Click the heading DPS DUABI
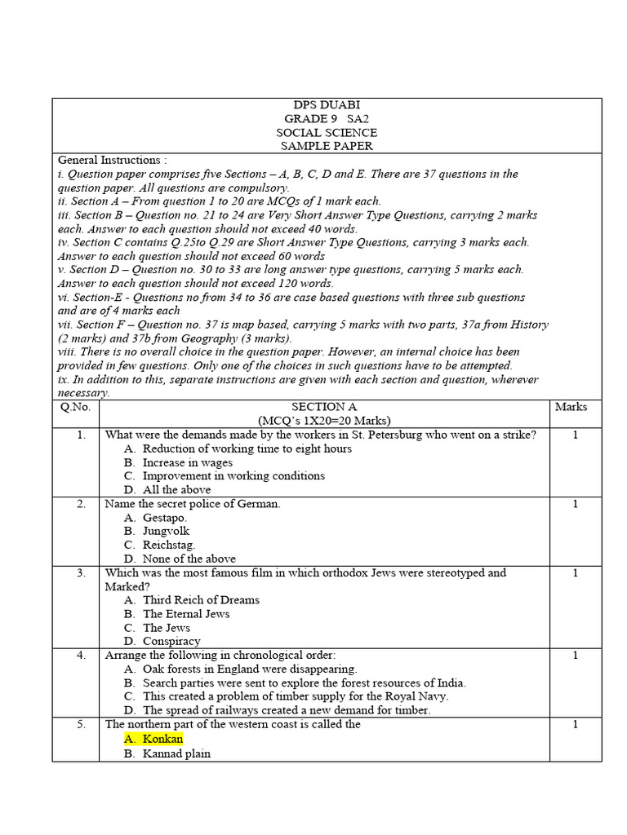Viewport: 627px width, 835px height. [327, 105]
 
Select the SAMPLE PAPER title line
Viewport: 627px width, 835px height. [327, 146]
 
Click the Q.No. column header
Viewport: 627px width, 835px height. [74, 407]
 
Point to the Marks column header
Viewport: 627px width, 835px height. [571, 407]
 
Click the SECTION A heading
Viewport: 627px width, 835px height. [324, 407]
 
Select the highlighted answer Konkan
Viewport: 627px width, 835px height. [162, 739]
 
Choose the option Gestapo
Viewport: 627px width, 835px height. [164, 518]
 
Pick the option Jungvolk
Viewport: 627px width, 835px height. [166, 532]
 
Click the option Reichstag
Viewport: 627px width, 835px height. [169, 545]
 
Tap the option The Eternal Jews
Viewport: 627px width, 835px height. [186, 614]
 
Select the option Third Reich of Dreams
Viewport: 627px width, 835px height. [201, 600]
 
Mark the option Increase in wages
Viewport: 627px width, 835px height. [187, 462]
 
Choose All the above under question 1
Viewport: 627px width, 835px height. [176, 490]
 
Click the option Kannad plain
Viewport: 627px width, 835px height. [176, 753]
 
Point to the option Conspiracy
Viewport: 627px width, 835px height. [171, 642]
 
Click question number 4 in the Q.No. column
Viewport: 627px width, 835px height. [82, 656]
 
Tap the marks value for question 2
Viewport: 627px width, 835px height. [575, 504]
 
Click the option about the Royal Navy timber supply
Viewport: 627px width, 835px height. [296, 696]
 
